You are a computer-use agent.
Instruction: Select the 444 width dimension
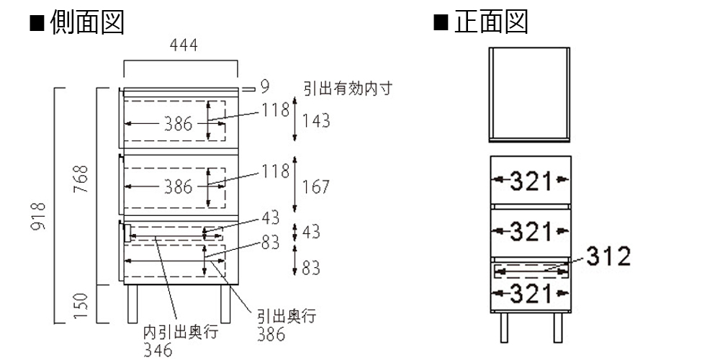click(184, 46)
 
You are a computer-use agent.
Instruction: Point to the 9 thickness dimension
click(264, 87)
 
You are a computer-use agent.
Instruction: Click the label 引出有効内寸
click(347, 88)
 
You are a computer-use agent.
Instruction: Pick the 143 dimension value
click(316, 121)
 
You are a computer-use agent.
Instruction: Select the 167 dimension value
click(316, 187)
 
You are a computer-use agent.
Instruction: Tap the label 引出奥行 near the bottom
click(287, 317)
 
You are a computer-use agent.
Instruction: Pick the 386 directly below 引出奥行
click(271, 334)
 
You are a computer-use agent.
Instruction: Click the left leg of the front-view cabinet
click(504, 328)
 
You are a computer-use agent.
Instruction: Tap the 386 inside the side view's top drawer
click(177, 124)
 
